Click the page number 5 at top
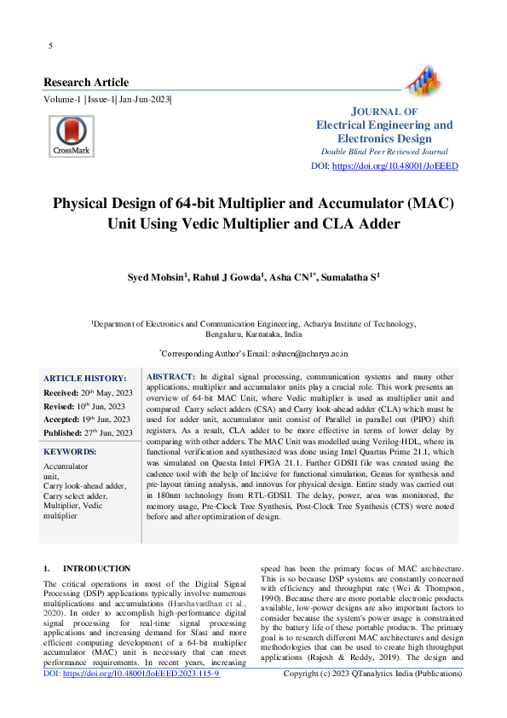point(51,45)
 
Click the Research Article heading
point(86,83)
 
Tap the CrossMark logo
point(70,135)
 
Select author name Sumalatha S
point(349,277)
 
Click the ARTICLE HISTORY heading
point(84,378)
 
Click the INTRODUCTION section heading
point(96,568)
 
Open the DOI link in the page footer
point(133,674)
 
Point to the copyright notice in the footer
point(372,674)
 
